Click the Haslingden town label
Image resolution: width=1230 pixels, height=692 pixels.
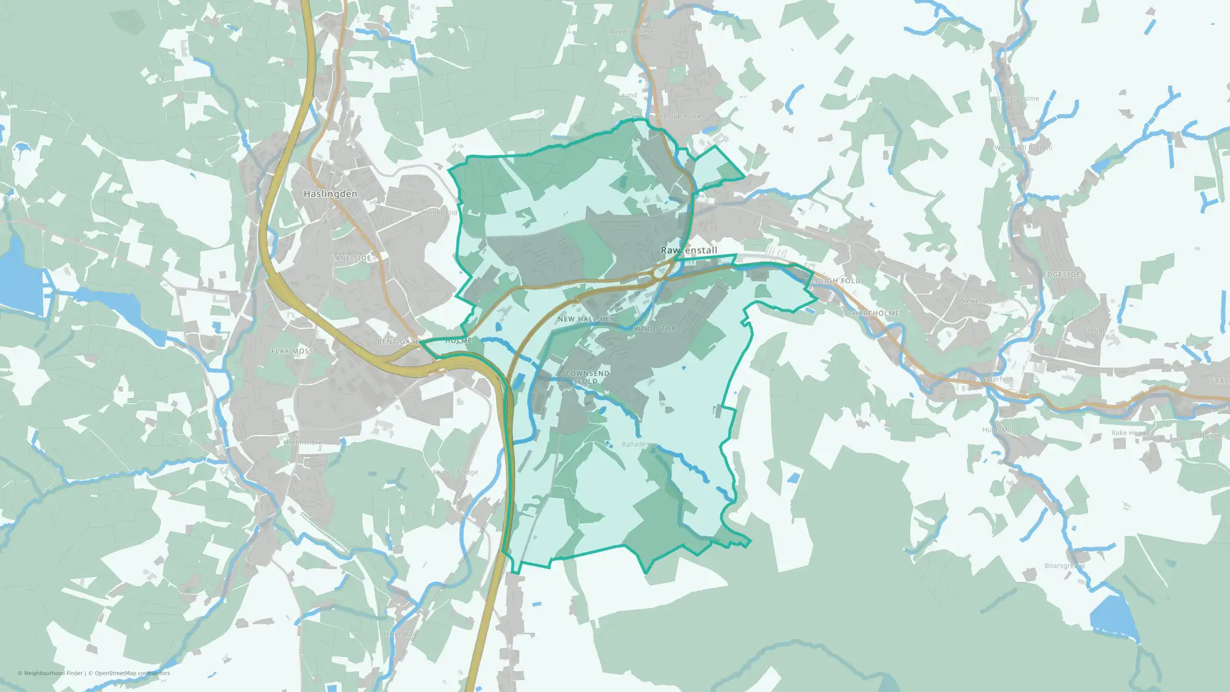pyautogui.click(x=330, y=194)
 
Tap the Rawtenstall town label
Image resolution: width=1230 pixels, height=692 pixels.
pyautogui.click(x=689, y=250)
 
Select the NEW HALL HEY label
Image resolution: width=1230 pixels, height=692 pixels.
pyautogui.click(x=586, y=319)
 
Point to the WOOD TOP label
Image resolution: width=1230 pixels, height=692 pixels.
pyautogui.click(x=655, y=329)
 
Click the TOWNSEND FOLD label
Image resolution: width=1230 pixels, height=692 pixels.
pyautogui.click(x=587, y=377)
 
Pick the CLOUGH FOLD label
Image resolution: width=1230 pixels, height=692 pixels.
pyautogui.click(x=833, y=281)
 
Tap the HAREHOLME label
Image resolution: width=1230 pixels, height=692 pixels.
pyautogui.click(x=876, y=314)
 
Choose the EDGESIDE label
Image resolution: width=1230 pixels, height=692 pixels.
pyautogui.click(x=1062, y=275)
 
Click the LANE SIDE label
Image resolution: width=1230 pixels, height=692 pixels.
pyautogui.click(x=351, y=258)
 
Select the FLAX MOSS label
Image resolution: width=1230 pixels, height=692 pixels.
pyautogui.click(x=293, y=351)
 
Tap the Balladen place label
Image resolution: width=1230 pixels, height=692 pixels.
pyautogui.click(x=635, y=444)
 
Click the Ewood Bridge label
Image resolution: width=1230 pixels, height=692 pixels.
pyautogui.click(x=456, y=472)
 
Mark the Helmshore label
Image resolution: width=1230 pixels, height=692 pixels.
pyautogui.click(x=304, y=442)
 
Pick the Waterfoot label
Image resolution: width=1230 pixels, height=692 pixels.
pyautogui.click(x=997, y=380)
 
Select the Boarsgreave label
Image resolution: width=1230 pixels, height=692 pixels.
pyautogui.click(x=1065, y=566)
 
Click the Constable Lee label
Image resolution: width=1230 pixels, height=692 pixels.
pyautogui.click(x=678, y=116)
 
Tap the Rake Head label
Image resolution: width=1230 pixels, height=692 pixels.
pyautogui.click(x=1128, y=433)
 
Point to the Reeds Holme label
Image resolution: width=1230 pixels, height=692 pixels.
pyautogui.click(x=632, y=32)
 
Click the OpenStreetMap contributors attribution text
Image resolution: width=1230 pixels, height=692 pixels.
pyautogui.click(x=132, y=673)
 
